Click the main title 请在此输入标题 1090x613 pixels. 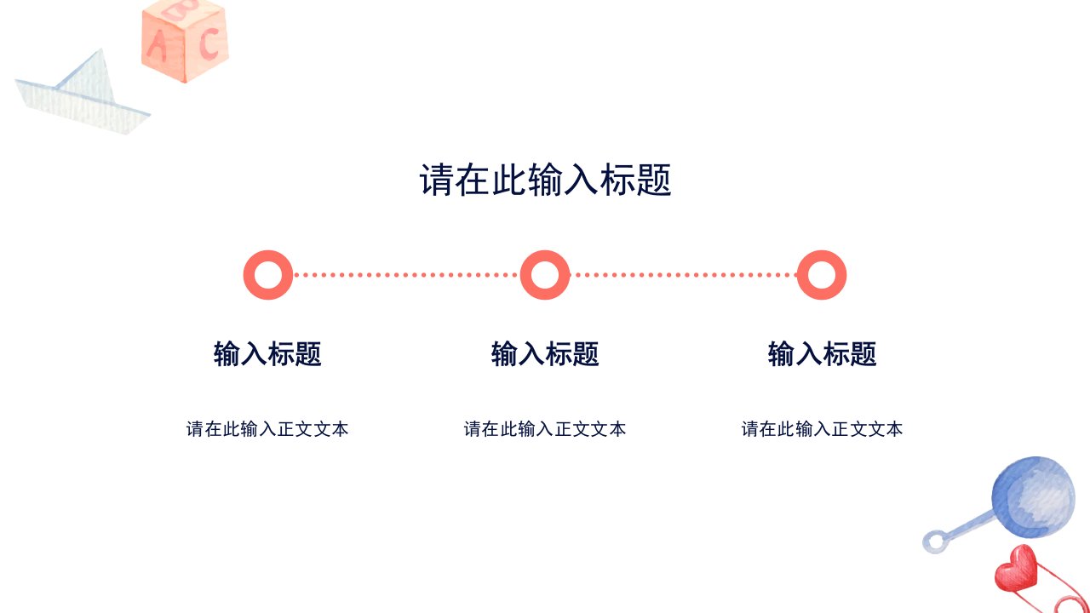545,180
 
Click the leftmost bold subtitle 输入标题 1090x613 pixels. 267,353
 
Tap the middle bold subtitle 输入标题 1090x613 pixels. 545,353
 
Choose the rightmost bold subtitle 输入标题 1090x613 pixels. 822,353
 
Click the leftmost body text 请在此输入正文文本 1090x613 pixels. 267,429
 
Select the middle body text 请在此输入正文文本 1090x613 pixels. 545,429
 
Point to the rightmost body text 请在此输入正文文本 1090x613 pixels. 822,429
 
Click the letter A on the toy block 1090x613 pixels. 157,46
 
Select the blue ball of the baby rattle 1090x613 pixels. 1033,496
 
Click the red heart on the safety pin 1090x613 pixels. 1016,569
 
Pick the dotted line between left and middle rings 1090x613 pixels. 406,275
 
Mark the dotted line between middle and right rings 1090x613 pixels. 684,275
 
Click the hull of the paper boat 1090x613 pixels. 83,108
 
